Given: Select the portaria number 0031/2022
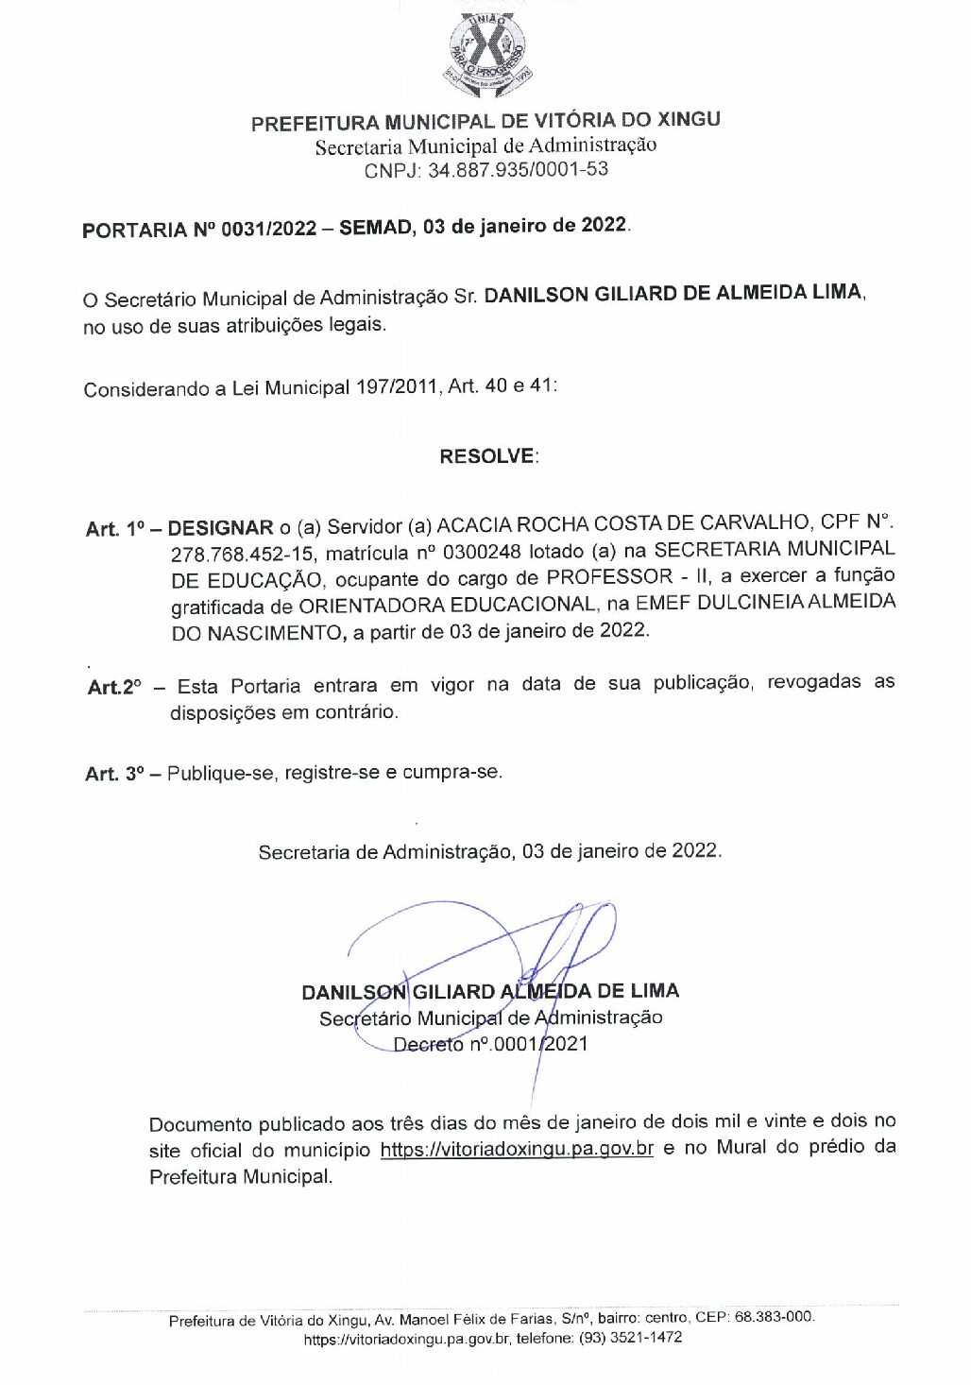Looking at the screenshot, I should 269,229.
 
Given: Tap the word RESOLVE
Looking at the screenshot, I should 487,456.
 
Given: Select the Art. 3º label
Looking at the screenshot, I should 114,774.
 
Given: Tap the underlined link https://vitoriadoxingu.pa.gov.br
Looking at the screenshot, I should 517,1150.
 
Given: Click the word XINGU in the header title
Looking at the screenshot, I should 687,120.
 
